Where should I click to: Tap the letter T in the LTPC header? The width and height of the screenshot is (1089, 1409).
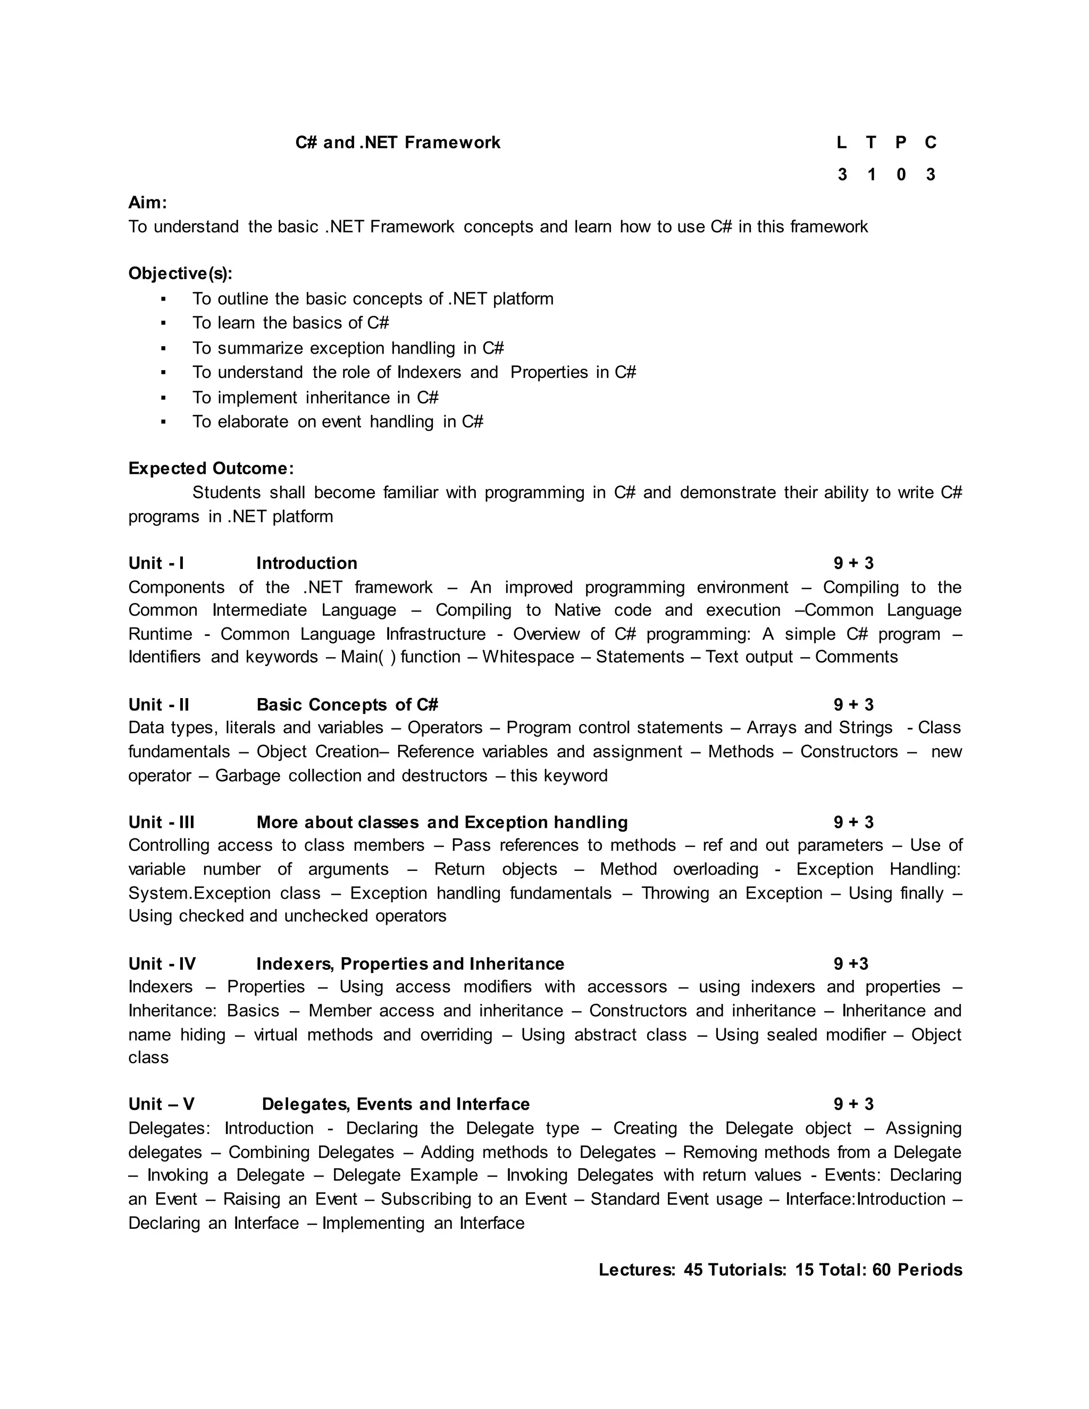871,142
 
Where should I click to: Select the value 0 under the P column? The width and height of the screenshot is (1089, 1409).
901,175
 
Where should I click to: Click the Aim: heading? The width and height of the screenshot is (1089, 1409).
148,203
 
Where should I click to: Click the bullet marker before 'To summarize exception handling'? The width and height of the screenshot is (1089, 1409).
163,348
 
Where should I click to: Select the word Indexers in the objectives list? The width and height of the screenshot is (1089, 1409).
429,372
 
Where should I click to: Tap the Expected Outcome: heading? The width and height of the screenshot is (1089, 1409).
211,468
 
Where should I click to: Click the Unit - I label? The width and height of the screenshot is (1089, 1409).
156,563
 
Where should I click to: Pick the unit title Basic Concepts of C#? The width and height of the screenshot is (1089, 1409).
347,704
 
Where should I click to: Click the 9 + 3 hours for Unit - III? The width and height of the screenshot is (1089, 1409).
853,822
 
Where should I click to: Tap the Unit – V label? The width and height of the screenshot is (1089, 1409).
161,1104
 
